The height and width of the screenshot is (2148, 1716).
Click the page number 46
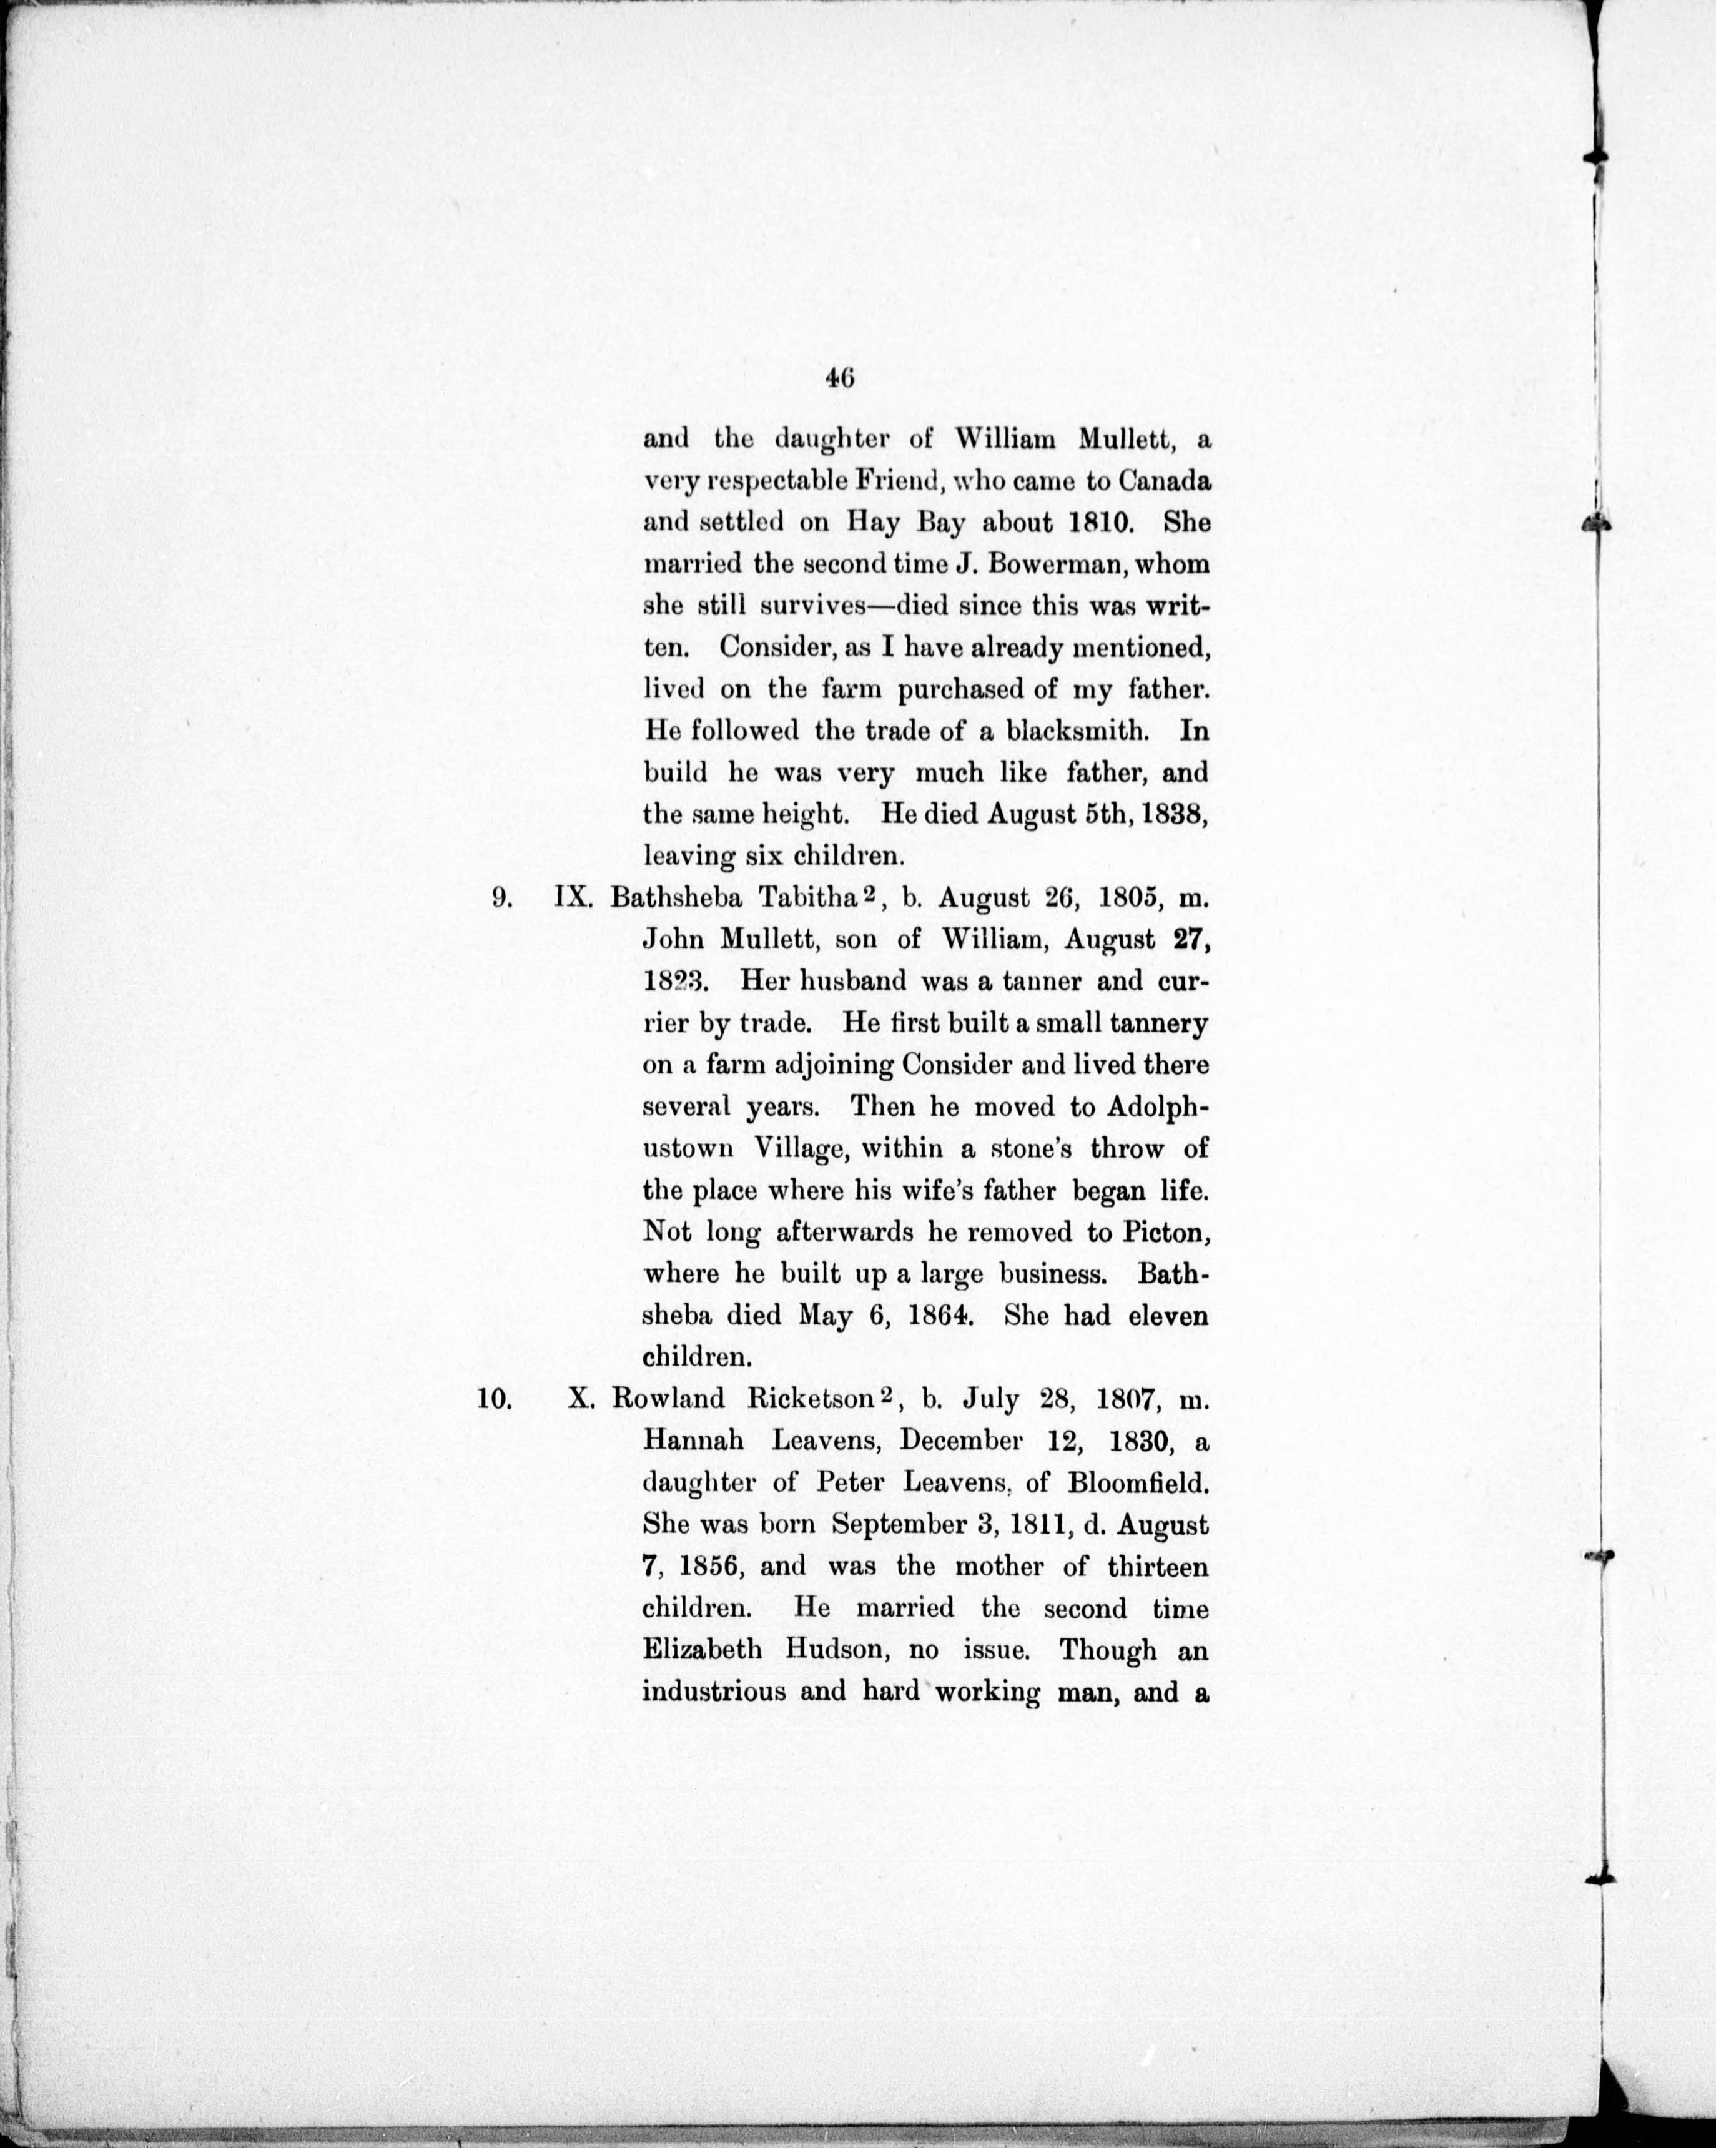click(840, 378)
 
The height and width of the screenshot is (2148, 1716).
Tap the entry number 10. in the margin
click(495, 1399)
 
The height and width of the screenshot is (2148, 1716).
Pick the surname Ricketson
click(809, 1399)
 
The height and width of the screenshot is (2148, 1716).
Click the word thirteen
click(1157, 1566)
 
